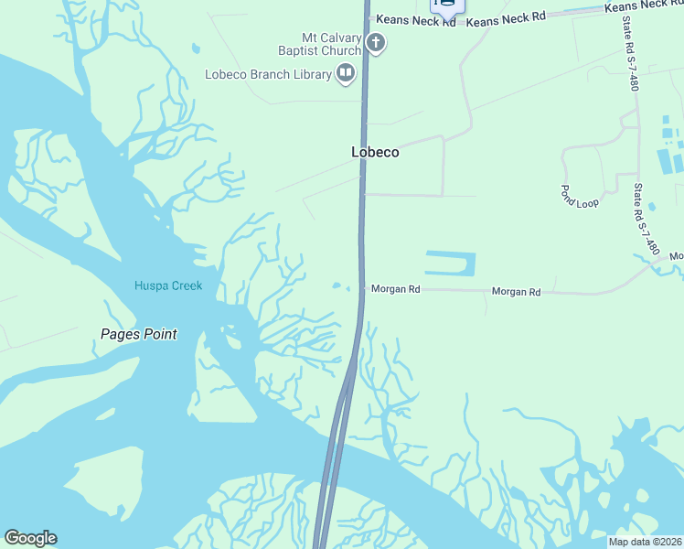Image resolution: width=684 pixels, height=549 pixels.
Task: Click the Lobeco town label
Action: point(375,153)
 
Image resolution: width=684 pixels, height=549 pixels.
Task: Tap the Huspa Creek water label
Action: point(168,285)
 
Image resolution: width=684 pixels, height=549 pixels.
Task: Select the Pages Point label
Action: point(138,334)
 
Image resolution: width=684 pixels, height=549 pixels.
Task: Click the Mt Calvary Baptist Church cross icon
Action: point(375,42)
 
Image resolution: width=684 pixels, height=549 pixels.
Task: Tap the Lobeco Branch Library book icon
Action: point(346,73)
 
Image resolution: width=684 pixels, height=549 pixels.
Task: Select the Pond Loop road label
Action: point(579,196)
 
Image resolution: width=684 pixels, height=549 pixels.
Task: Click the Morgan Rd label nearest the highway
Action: point(396,289)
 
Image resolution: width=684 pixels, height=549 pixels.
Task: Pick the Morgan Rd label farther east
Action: point(516,292)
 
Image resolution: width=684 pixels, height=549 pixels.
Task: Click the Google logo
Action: point(30,538)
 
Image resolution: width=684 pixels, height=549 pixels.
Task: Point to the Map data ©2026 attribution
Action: point(645,542)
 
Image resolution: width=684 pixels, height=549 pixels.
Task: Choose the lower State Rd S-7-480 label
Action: point(646,220)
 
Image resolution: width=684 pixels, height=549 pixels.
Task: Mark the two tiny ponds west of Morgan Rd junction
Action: point(341,286)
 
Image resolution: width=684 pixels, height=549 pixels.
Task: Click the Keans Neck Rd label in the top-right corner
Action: point(644,5)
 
